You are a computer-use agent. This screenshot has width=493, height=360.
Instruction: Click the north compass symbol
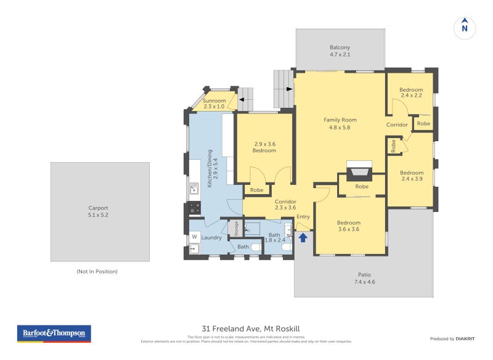465,28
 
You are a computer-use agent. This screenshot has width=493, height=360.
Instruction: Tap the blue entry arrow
303,237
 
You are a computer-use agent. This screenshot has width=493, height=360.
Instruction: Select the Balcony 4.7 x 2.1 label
340,51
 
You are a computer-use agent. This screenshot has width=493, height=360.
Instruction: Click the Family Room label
340,123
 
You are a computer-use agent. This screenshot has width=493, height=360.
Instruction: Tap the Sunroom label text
215,104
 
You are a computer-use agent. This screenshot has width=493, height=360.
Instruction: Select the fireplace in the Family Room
359,171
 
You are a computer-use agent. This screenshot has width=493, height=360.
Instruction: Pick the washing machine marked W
195,237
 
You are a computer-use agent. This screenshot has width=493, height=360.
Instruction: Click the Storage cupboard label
235,228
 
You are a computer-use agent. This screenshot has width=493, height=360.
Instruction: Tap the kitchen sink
194,187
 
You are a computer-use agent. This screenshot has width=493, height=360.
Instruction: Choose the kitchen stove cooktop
194,208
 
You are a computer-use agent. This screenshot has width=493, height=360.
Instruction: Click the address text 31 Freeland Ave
255,329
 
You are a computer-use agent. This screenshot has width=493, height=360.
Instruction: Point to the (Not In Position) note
97,271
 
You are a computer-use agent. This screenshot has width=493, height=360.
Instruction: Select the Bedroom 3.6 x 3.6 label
348,226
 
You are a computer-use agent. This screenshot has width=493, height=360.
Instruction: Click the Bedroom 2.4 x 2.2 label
411,92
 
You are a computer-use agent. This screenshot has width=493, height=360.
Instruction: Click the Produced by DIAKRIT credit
451,338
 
